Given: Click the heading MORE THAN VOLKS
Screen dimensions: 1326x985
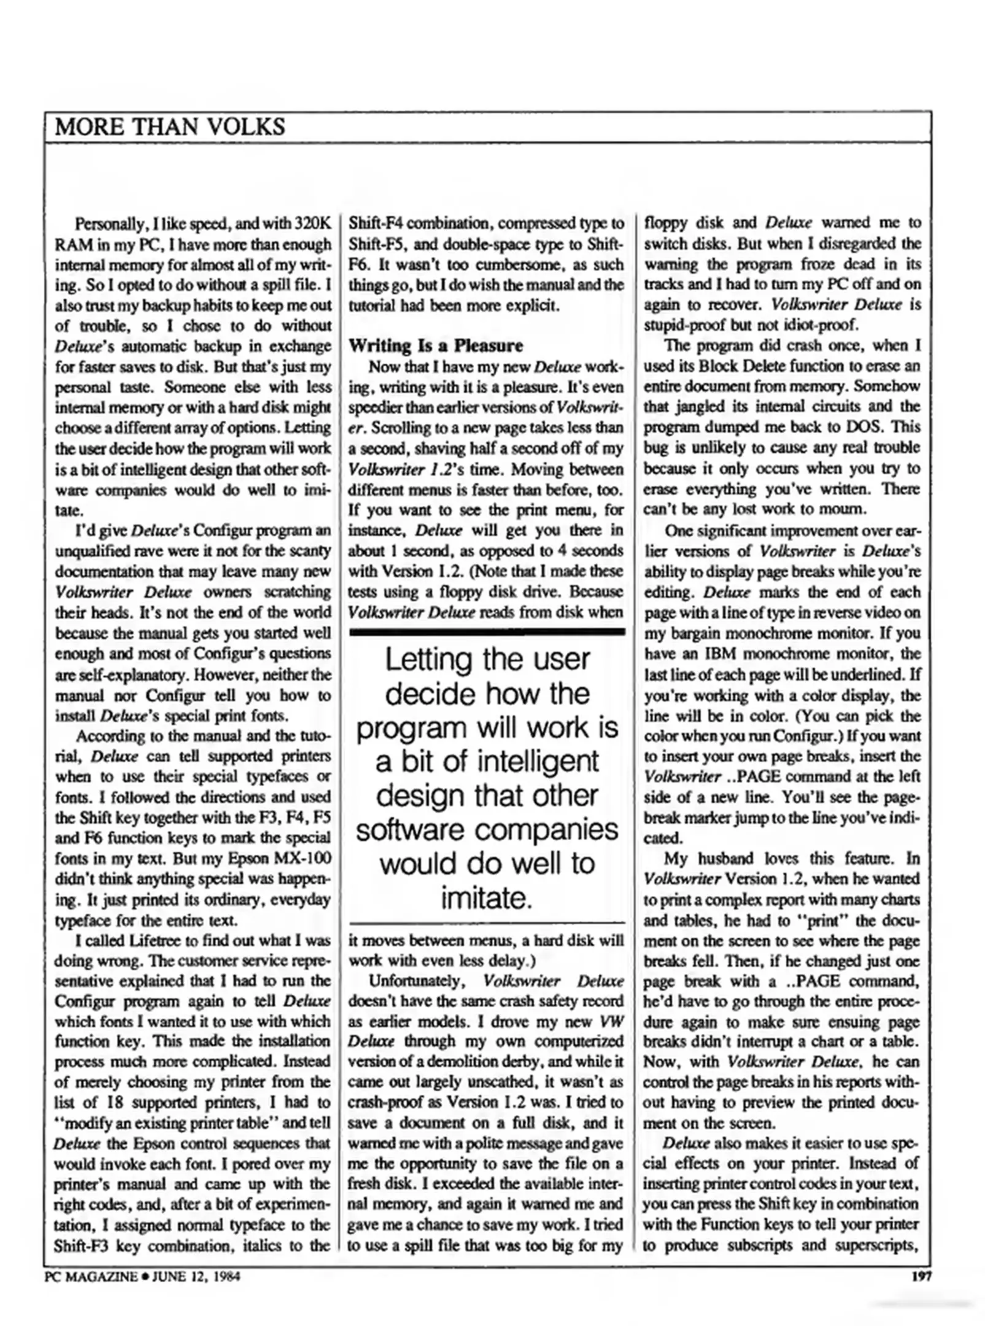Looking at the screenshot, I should click(170, 127).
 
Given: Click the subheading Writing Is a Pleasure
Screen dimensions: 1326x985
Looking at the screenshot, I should click(435, 346).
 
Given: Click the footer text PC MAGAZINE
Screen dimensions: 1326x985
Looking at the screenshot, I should click(90, 1277).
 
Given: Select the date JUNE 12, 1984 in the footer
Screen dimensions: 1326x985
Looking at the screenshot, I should click(196, 1277).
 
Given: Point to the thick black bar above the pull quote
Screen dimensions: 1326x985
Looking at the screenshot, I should click(487, 631).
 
